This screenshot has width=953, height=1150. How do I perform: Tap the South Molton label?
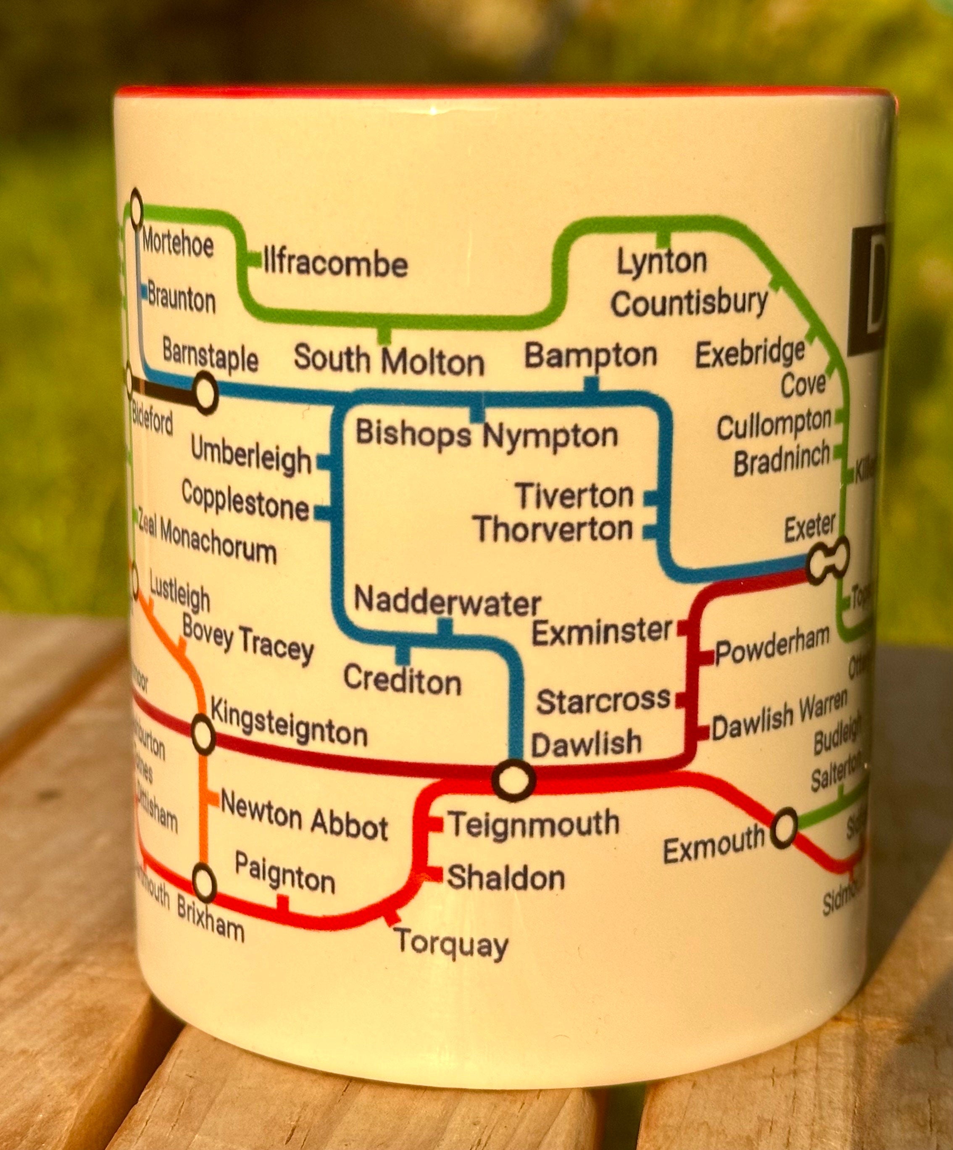pos(389,360)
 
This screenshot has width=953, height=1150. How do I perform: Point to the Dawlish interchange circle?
pos(513,779)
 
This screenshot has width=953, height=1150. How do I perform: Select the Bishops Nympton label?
pos(487,435)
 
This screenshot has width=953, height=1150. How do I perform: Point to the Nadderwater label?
pos(447,602)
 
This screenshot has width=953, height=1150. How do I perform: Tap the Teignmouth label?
pos(533,824)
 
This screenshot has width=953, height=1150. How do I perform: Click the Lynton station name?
pos(662,262)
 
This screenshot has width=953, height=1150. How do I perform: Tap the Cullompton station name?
pos(774,425)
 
